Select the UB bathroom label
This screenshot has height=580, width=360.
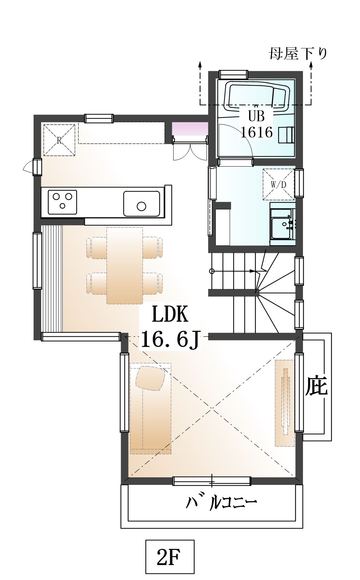(256, 117)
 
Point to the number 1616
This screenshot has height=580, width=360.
(256, 132)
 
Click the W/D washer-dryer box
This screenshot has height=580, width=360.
(279, 184)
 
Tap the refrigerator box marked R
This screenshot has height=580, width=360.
(59, 140)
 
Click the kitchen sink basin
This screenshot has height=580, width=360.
(141, 204)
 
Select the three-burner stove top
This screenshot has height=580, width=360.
(62, 202)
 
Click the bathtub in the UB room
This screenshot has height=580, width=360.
(257, 95)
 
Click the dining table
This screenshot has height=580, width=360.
(124, 265)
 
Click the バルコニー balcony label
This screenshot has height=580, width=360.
(221, 503)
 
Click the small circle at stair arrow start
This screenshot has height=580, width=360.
(212, 271)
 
